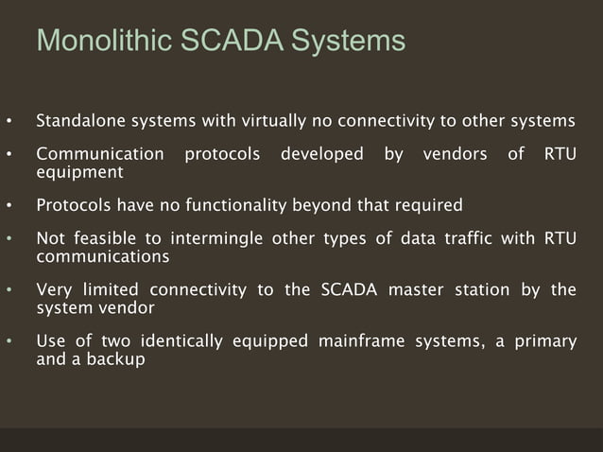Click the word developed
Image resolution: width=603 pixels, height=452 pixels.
(321, 153)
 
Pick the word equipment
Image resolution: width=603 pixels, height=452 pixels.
(79, 173)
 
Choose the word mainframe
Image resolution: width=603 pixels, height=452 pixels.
(360, 340)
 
